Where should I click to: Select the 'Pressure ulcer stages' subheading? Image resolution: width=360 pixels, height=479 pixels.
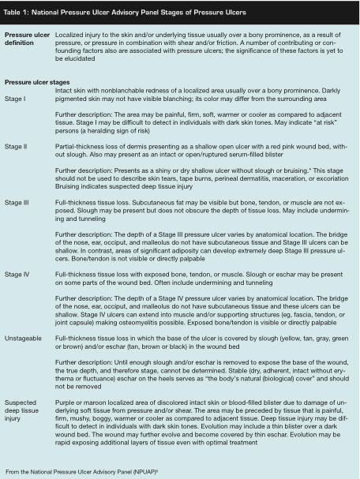[x=39, y=82]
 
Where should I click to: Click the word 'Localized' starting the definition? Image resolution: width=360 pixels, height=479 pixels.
[x=70, y=36]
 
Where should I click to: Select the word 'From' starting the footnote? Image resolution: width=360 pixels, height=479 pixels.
[x=12, y=471]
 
